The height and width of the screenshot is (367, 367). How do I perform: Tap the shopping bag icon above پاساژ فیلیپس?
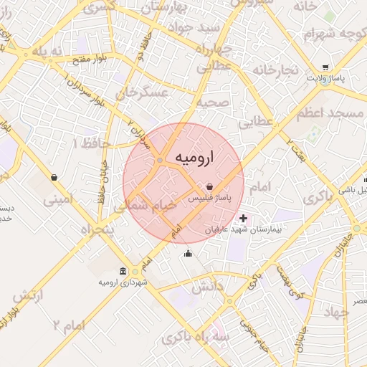[x=209, y=186]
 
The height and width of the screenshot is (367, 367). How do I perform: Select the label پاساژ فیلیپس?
[x=214, y=197]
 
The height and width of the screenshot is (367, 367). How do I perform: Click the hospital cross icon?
[x=244, y=218]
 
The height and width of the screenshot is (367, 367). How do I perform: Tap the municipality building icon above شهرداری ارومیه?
[x=124, y=272]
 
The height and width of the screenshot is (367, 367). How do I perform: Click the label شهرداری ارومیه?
[x=124, y=283]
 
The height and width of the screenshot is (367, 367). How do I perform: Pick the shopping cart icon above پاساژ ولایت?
[x=327, y=65]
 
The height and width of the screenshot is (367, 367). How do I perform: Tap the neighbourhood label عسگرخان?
[x=147, y=93]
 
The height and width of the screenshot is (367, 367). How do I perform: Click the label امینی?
[x=59, y=200]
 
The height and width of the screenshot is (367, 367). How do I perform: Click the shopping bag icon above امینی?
[x=54, y=177]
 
